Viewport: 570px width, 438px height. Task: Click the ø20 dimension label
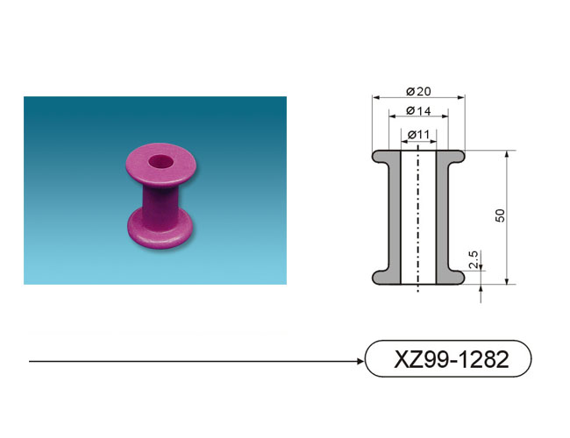pos(418,91)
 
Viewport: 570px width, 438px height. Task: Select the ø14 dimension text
pos(418,110)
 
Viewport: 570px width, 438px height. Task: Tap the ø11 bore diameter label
pos(418,135)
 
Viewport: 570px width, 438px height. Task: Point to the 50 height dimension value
pos(500,215)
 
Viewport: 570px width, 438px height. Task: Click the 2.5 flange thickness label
pos(474,259)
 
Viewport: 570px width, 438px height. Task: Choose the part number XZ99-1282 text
pos(451,359)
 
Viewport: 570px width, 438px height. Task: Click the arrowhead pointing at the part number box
pos(360,361)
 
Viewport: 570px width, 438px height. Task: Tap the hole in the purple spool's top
pos(160,161)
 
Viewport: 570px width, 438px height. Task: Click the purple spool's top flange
pos(161,165)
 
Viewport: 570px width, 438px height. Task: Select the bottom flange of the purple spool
pos(160,232)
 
